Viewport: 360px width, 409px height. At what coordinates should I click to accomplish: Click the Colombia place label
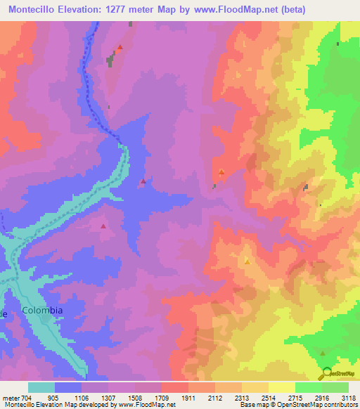(42, 310)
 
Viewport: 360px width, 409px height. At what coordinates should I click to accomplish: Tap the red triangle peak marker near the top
(120, 48)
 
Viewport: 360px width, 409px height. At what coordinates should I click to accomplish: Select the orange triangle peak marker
(221, 171)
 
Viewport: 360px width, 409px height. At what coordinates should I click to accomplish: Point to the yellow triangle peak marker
(247, 261)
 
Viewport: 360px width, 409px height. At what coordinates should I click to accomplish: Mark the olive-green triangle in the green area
(322, 353)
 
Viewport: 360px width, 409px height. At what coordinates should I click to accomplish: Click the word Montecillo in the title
(36, 8)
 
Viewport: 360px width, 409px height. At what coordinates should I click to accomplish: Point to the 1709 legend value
(161, 398)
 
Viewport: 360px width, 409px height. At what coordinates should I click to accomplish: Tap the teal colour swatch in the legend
(41, 387)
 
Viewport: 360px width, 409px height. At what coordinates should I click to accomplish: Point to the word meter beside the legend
(12, 398)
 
